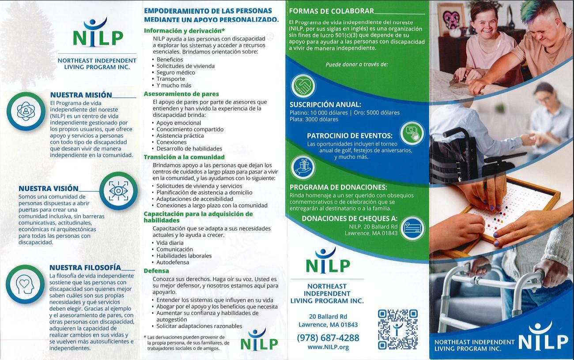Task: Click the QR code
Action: click(x=397, y=330)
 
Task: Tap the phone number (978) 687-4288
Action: click(x=328, y=337)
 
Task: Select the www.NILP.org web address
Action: click(x=328, y=347)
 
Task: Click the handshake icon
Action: click(x=303, y=85)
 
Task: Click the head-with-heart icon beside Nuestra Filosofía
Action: click(x=25, y=284)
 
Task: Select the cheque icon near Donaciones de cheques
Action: click(x=412, y=228)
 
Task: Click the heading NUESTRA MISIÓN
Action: click(x=81, y=95)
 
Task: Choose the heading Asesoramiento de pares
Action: click(x=181, y=94)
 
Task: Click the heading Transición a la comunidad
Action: click(x=184, y=157)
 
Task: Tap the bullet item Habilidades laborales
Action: click(x=184, y=256)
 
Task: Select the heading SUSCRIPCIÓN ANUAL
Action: click(x=325, y=105)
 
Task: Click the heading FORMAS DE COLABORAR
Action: click(x=331, y=11)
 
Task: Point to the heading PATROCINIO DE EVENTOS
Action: click(x=350, y=136)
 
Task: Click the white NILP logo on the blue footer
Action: click(x=543, y=340)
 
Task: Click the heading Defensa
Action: click(x=156, y=271)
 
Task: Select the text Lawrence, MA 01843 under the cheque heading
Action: click(x=371, y=233)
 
